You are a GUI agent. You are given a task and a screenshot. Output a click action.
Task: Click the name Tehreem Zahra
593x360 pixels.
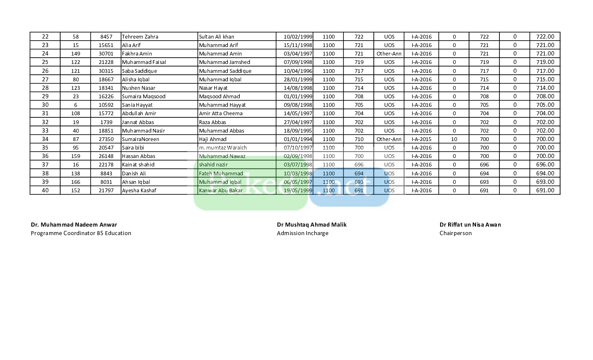pyautogui.click(x=140, y=37)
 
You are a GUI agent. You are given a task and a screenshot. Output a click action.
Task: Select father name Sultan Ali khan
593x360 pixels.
pyautogui.click(x=216, y=37)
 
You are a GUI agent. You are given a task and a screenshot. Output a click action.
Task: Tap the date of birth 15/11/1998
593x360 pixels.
pyautogui.click(x=298, y=45)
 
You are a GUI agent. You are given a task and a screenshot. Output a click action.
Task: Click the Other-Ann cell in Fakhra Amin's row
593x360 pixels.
pyautogui.click(x=389, y=54)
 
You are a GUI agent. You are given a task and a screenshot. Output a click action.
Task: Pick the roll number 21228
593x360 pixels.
pyautogui.click(x=105, y=62)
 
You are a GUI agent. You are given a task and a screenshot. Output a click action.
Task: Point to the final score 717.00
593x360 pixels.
pyautogui.click(x=545, y=71)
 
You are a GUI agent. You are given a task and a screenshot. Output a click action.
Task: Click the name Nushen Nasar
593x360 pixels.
pyautogui.click(x=139, y=88)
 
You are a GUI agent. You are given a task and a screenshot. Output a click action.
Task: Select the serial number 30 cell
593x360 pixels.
pyautogui.click(x=45, y=105)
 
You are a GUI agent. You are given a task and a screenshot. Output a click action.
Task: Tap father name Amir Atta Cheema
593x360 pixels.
pyautogui.click(x=221, y=114)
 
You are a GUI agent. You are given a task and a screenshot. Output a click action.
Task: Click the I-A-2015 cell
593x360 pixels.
pyautogui.click(x=421, y=139)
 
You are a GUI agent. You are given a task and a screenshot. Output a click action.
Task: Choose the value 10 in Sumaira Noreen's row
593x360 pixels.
pyautogui.click(x=454, y=139)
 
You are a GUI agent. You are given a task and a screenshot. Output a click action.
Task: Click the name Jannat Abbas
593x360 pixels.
pyautogui.click(x=138, y=122)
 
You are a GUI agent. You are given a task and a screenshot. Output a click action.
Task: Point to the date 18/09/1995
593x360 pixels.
pyautogui.click(x=298, y=131)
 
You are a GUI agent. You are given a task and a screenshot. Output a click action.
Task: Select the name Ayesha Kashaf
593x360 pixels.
pyautogui.click(x=139, y=191)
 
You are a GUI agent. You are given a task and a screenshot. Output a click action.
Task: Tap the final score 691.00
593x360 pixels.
pyautogui.click(x=545, y=191)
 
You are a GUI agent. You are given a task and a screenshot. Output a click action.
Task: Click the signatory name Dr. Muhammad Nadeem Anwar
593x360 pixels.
pyautogui.click(x=74, y=225)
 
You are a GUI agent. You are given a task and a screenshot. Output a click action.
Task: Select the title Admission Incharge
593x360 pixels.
pyautogui.click(x=302, y=233)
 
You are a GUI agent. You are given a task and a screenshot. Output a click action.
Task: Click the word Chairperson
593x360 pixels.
pyautogui.click(x=455, y=233)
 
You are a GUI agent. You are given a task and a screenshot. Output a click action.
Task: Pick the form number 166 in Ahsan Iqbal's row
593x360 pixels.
pyautogui.click(x=76, y=182)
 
